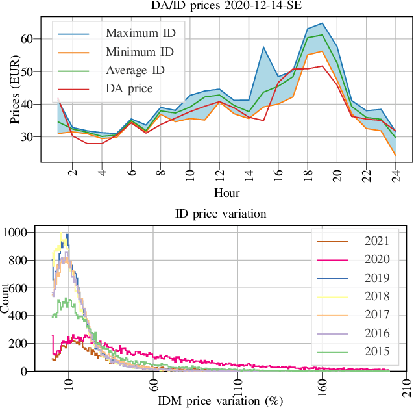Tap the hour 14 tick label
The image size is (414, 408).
click(x=249, y=173)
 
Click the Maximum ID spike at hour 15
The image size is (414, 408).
click(x=263, y=47)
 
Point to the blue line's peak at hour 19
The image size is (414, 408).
click(x=323, y=23)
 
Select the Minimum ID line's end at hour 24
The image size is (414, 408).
click(x=396, y=155)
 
